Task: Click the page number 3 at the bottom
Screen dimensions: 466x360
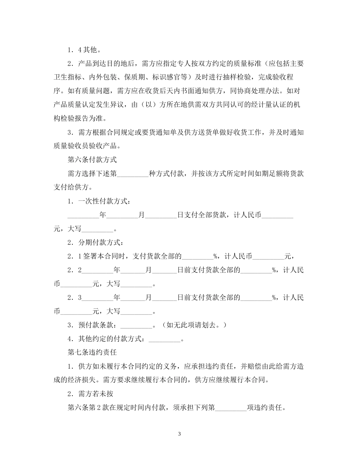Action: tap(180, 434)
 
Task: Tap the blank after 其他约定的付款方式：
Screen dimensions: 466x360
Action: tap(165, 339)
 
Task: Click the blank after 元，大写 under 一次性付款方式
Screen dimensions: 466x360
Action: tap(97, 229)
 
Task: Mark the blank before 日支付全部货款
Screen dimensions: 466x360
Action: tap(161, 215)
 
